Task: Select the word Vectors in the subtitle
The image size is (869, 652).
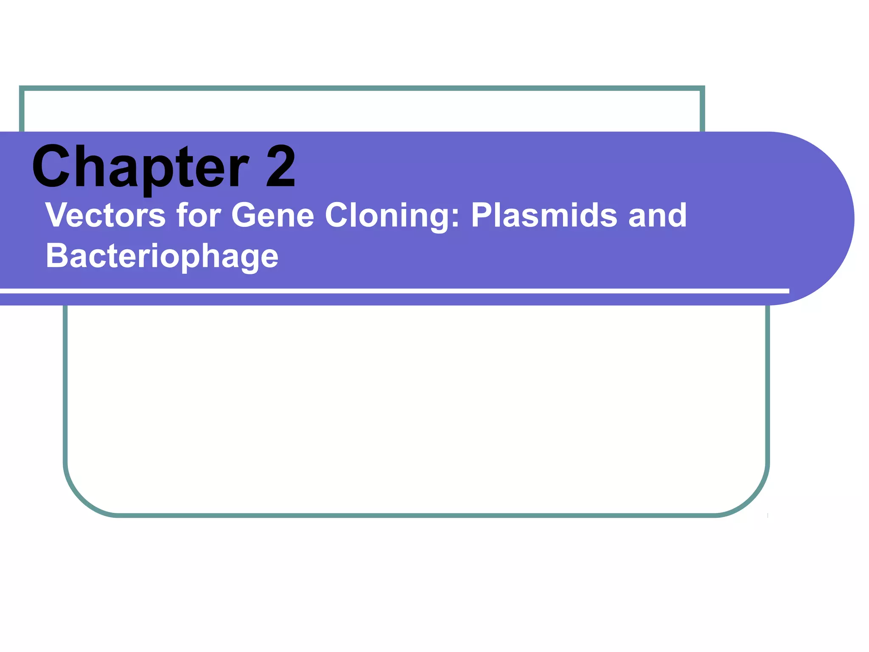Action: pos(105,215)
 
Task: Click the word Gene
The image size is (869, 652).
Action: pos(272,215)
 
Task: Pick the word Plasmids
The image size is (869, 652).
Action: pos(544,215)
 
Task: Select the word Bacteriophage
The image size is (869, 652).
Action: pos(162,256)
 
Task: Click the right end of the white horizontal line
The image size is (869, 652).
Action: pos(788,291)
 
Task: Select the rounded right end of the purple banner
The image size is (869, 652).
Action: pos(832,218)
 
